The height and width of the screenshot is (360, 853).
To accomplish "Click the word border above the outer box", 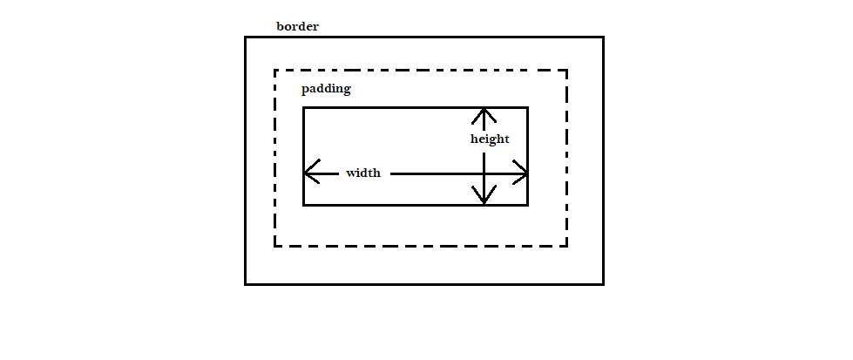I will (297, 26).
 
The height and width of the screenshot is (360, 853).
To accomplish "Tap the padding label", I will (326, 89).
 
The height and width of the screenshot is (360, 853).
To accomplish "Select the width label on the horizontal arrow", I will (363, 173).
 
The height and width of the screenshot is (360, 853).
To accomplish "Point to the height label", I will (490, 139).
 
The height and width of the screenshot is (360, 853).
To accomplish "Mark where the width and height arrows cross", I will (484, 173).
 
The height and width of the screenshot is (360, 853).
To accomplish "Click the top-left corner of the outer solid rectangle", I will (246, 37).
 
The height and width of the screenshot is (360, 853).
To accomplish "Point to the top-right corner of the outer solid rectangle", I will (602, 37).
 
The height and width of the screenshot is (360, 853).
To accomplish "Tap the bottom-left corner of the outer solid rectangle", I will (246, 283).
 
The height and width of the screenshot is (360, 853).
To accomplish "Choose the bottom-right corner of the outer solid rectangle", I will (602, 283).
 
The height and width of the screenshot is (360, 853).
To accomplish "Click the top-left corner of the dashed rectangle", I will (275, 71).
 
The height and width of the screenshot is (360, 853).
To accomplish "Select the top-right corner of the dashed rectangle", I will (566, 71).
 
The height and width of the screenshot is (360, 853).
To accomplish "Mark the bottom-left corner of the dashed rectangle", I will (275, 246).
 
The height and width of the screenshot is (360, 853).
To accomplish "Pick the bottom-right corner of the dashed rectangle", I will (566, 246).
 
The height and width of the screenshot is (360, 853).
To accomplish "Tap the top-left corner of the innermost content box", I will (304, 108).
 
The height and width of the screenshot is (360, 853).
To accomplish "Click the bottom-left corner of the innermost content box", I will (304, 205).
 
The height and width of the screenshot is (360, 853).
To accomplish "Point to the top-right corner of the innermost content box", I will (527, 108).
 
